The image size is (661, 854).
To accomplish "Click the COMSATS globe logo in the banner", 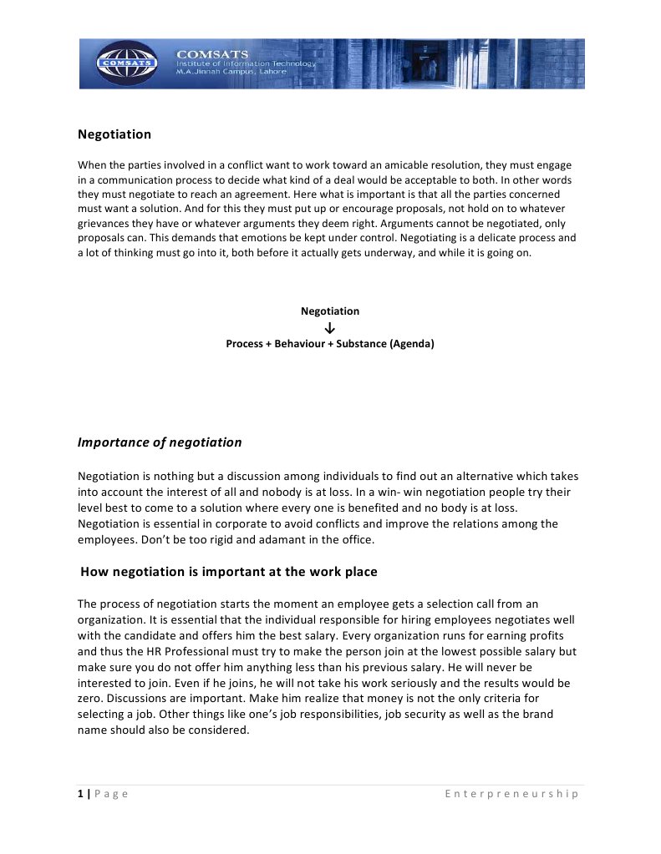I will click(126, 63).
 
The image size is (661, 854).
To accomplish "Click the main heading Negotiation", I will click(114, 134).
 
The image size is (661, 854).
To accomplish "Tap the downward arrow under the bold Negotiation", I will click(330, 327).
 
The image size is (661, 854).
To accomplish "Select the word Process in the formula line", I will click(244, 343).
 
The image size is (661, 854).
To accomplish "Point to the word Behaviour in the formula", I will click(299, 343).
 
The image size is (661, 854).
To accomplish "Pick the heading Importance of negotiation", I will click(160, 442).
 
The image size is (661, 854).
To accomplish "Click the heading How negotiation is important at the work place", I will click(229, 572).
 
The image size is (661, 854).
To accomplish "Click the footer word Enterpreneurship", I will click(511, 793).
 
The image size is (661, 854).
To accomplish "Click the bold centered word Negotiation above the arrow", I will click(330, 311).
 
